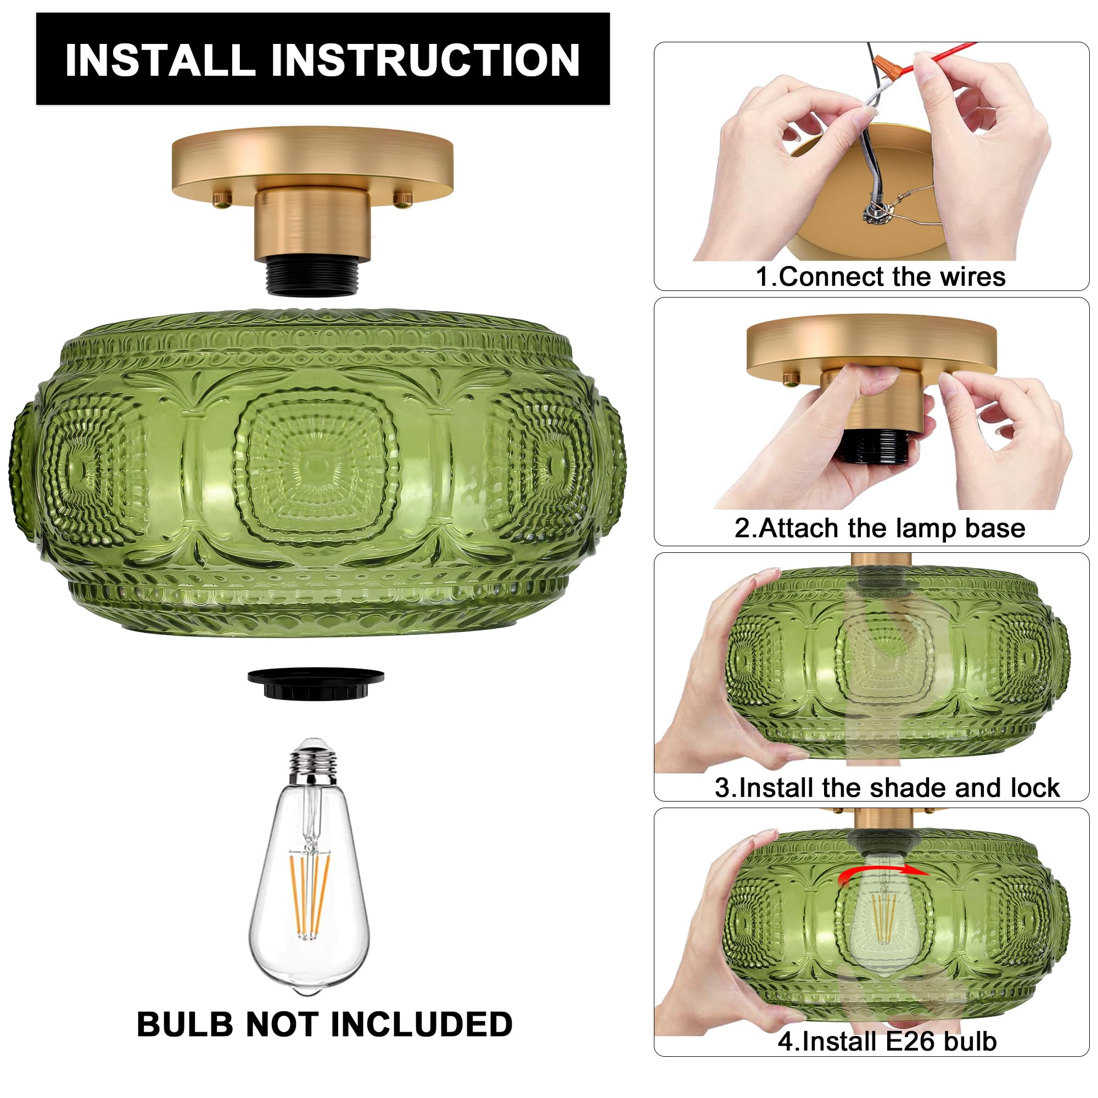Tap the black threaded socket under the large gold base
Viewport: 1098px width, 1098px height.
tap(311, 277)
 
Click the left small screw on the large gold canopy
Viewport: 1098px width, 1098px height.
tap(222, 199)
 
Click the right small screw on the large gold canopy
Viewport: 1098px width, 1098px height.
tap(402, 199)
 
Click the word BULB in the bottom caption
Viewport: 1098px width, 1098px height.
tap(184, 1024)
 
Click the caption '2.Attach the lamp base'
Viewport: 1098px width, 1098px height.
tap(879, 528)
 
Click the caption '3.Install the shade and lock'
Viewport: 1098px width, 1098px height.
tap(887, 788)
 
